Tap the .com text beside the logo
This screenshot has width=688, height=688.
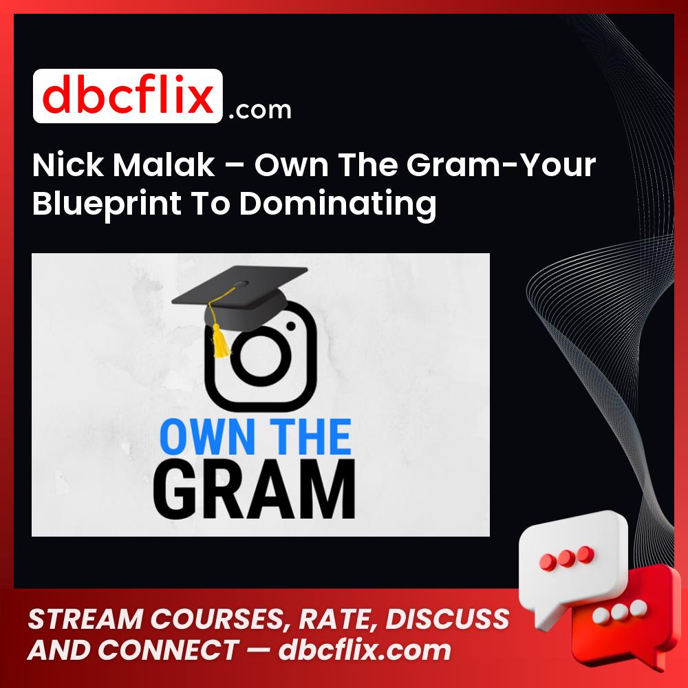point(260,109)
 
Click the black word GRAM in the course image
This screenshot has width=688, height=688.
point(261,491)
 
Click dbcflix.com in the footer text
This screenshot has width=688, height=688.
point(365,650)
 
